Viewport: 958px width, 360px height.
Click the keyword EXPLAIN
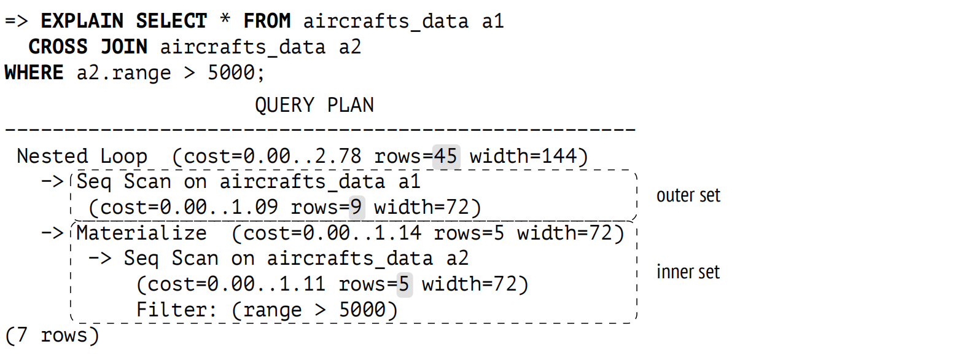point(82,21)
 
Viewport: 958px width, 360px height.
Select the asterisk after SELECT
point(225,19)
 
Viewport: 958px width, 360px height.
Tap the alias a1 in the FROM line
point(493,22)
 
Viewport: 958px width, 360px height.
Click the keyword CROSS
point(58,47)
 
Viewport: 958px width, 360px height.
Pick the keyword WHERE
point(34,72)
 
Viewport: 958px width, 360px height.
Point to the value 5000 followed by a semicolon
point(232,72)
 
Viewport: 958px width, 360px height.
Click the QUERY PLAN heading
point(314,105)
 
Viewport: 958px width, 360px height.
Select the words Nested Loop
point(82,156)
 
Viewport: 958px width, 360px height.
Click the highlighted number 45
point(446,156)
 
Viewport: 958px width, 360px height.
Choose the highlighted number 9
point(356,207)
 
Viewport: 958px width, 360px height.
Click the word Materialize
point(142,233)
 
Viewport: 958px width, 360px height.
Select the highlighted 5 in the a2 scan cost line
point(404,284)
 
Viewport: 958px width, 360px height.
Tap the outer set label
point(688,195)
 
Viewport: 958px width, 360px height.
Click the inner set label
point(688,272)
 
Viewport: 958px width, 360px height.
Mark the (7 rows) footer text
point(52,335)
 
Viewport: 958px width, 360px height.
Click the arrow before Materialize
point(53,233)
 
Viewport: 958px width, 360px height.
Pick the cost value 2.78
point(338,156)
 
